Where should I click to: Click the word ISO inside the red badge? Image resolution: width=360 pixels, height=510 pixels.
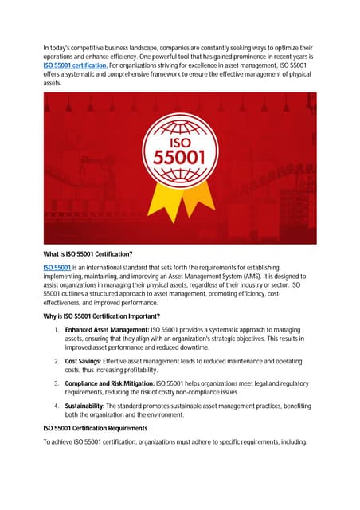[180, 140]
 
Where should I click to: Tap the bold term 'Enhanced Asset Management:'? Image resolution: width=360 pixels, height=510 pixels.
[101, 329]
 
